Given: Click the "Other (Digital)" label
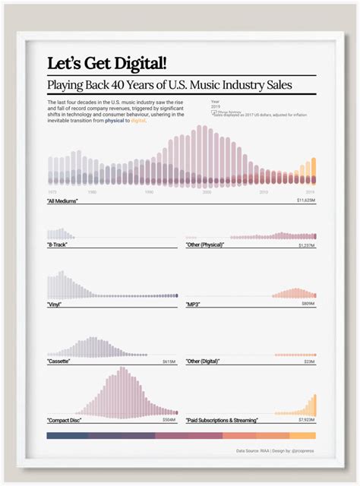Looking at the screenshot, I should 204,362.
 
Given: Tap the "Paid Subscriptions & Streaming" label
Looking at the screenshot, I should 222,420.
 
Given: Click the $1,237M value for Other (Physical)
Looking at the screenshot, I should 308,245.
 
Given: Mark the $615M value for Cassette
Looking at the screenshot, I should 169,362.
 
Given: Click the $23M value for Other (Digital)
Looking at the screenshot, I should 311,362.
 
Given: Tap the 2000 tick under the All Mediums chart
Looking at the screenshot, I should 206,192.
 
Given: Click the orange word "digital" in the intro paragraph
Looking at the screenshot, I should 138,120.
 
